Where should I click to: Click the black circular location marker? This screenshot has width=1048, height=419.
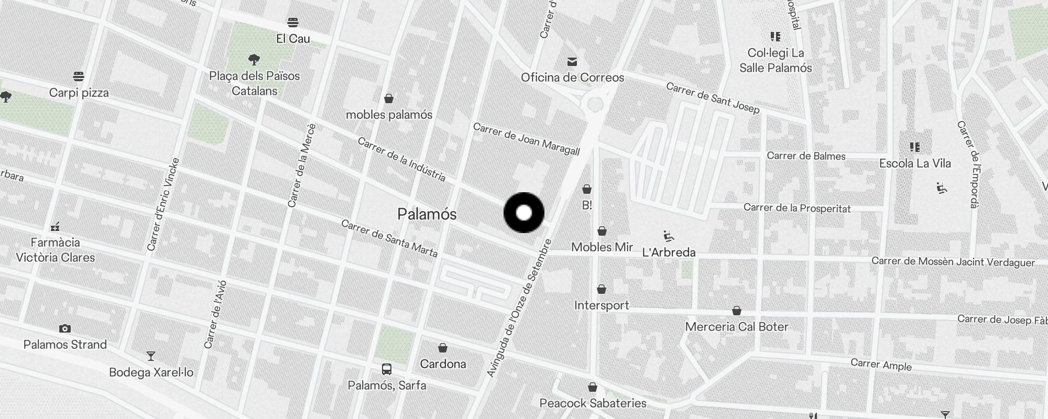pyautogui.click(x=524, y=213)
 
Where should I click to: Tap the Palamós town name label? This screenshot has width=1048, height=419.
pyautogui.click(x=427, y=214)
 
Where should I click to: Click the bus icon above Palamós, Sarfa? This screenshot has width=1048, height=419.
pyautogui.click(x=387, y=369)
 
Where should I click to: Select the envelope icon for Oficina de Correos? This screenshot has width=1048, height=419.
pyautogui.click(x=572, y=62)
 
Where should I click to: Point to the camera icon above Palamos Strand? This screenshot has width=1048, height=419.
pyautogui.click(x=65, y=329)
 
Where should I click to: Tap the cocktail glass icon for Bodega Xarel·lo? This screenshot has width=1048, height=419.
pyautogui.click(x=151, y=357)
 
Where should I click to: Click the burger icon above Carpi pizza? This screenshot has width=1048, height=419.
pyautogui.click(x=79, y=77)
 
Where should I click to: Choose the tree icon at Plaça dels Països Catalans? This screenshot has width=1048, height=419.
pyautogui.click(x=254, y=60)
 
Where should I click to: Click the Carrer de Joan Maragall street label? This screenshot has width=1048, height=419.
pyautogui.click(x=526, y=139)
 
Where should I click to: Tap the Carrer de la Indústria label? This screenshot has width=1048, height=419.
pyautogui.click(x=401, y=159)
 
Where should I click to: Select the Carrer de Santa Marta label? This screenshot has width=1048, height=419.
pyautogui.click(x=389, y=238)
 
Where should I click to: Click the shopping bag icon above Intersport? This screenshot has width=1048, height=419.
pyautogui.click(x=602, y=289)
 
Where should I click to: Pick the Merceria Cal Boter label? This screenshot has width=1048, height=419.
pyautogui.click(x=736, y=327)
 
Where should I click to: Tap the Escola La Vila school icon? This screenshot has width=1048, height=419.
pyautogui.click(x=914, y=147)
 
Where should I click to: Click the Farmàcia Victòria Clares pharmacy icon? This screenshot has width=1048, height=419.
pyautogui.click(x=55, y=227)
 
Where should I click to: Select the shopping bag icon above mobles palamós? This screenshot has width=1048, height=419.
pyautogui.click(x=389, y=98)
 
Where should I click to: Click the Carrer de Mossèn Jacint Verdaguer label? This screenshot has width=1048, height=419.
pyautogui.click(x=953, y=262)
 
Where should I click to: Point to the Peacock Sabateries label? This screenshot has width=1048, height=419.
pyautogui.click(x=593, y=403)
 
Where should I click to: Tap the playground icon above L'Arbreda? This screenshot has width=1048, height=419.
pyautogui.click(x=668, y=237)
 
